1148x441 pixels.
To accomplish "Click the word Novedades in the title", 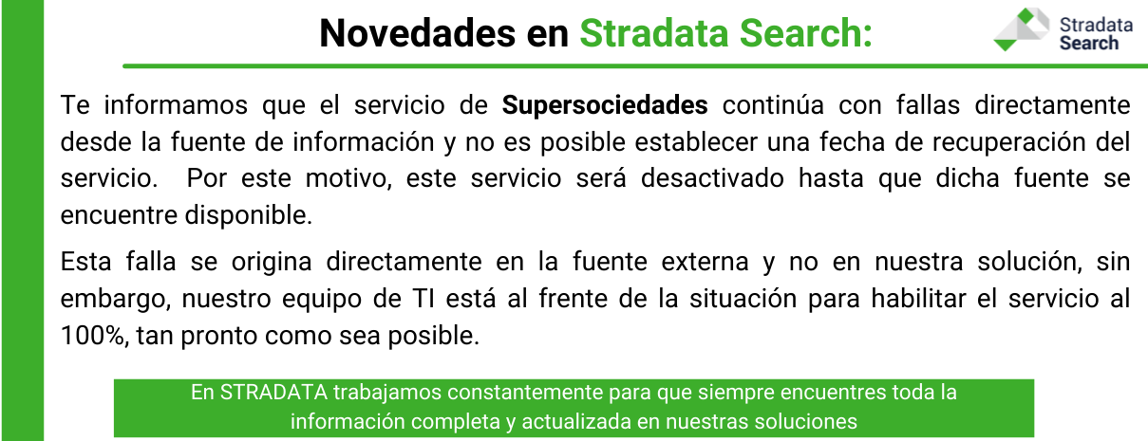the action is click(418, 33).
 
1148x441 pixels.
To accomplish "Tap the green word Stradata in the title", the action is click(654, 33).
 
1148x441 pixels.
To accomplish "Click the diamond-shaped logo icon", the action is click(1022, 29).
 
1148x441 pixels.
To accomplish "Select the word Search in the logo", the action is click(1089, 43).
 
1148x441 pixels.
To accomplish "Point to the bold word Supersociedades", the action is click(605, 105).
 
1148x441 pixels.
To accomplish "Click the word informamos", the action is click(176, 105).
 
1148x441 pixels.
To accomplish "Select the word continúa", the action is click(773, 105).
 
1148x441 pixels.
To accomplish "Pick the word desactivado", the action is click(712, 178).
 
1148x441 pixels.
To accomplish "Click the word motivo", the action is click(348, 179).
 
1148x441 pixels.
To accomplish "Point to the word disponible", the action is click(249, 215).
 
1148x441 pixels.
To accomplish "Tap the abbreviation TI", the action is click(423, 299).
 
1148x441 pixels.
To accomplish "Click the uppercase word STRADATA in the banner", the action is click(273, 393).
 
